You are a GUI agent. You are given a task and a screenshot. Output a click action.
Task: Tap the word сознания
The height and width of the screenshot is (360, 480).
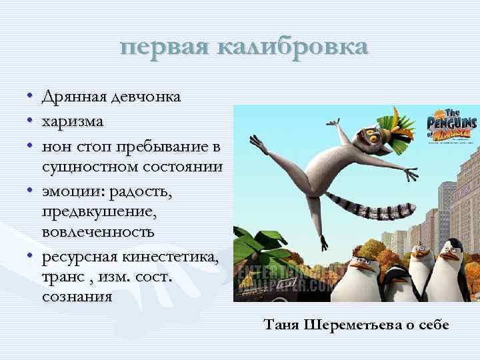coord(77,296)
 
